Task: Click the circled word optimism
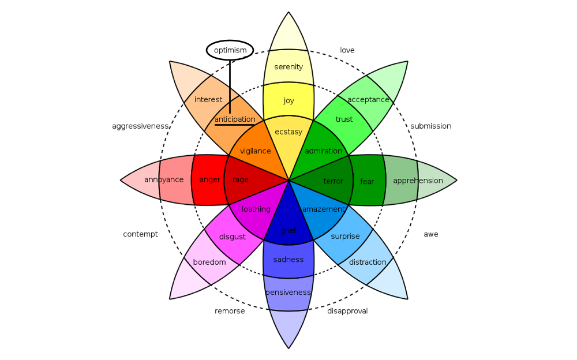click(230, 50)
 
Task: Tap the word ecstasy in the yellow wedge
click(288, 132)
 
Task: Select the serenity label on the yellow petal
click(288, 67)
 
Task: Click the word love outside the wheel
click(347, 50)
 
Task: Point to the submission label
click(430, 126)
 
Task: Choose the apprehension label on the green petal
click(418, 181)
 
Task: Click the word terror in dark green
click(333, 181)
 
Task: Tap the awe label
click(430, 234)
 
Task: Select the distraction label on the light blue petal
click(368, 262)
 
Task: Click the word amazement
click(323, 209)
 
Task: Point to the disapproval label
click(347, 311)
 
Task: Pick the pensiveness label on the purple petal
click(288, 292)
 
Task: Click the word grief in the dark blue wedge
click(288, 231)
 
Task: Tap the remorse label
click(230, 311)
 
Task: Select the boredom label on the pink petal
click(209, 262)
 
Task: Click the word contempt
click(140, 234)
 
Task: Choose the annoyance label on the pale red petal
click(164, 179)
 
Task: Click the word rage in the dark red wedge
click(240, 179)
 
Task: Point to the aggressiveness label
click(140, 126)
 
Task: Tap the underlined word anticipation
click(235, 119)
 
